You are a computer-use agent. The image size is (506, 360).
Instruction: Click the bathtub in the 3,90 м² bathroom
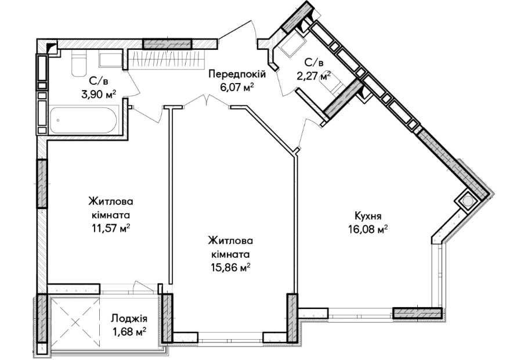[x=83, y=120]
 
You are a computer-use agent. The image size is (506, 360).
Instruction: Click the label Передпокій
[x=237, y=75]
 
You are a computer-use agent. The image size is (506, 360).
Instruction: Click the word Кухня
[x=368, y=217]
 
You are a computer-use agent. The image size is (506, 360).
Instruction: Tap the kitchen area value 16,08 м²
[x=368, y=229]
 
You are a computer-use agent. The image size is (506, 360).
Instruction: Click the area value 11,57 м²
[x=111, y=229]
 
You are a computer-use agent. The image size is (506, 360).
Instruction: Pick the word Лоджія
[x=129, y=319]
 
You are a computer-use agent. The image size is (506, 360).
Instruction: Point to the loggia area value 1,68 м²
[x=129, y=332]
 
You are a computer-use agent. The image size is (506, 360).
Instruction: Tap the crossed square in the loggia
[x=75, y=322]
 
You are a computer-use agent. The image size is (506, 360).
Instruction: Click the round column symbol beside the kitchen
[x=467, y=201]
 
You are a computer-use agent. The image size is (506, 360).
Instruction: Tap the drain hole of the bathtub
[x=58, y=120]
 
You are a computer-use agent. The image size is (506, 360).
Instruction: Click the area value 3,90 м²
[x=99, y=94]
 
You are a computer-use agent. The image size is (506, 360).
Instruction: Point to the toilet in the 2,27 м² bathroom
[x=332, y=85]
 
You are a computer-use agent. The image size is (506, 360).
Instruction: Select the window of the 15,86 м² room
[x=231, y=337]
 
